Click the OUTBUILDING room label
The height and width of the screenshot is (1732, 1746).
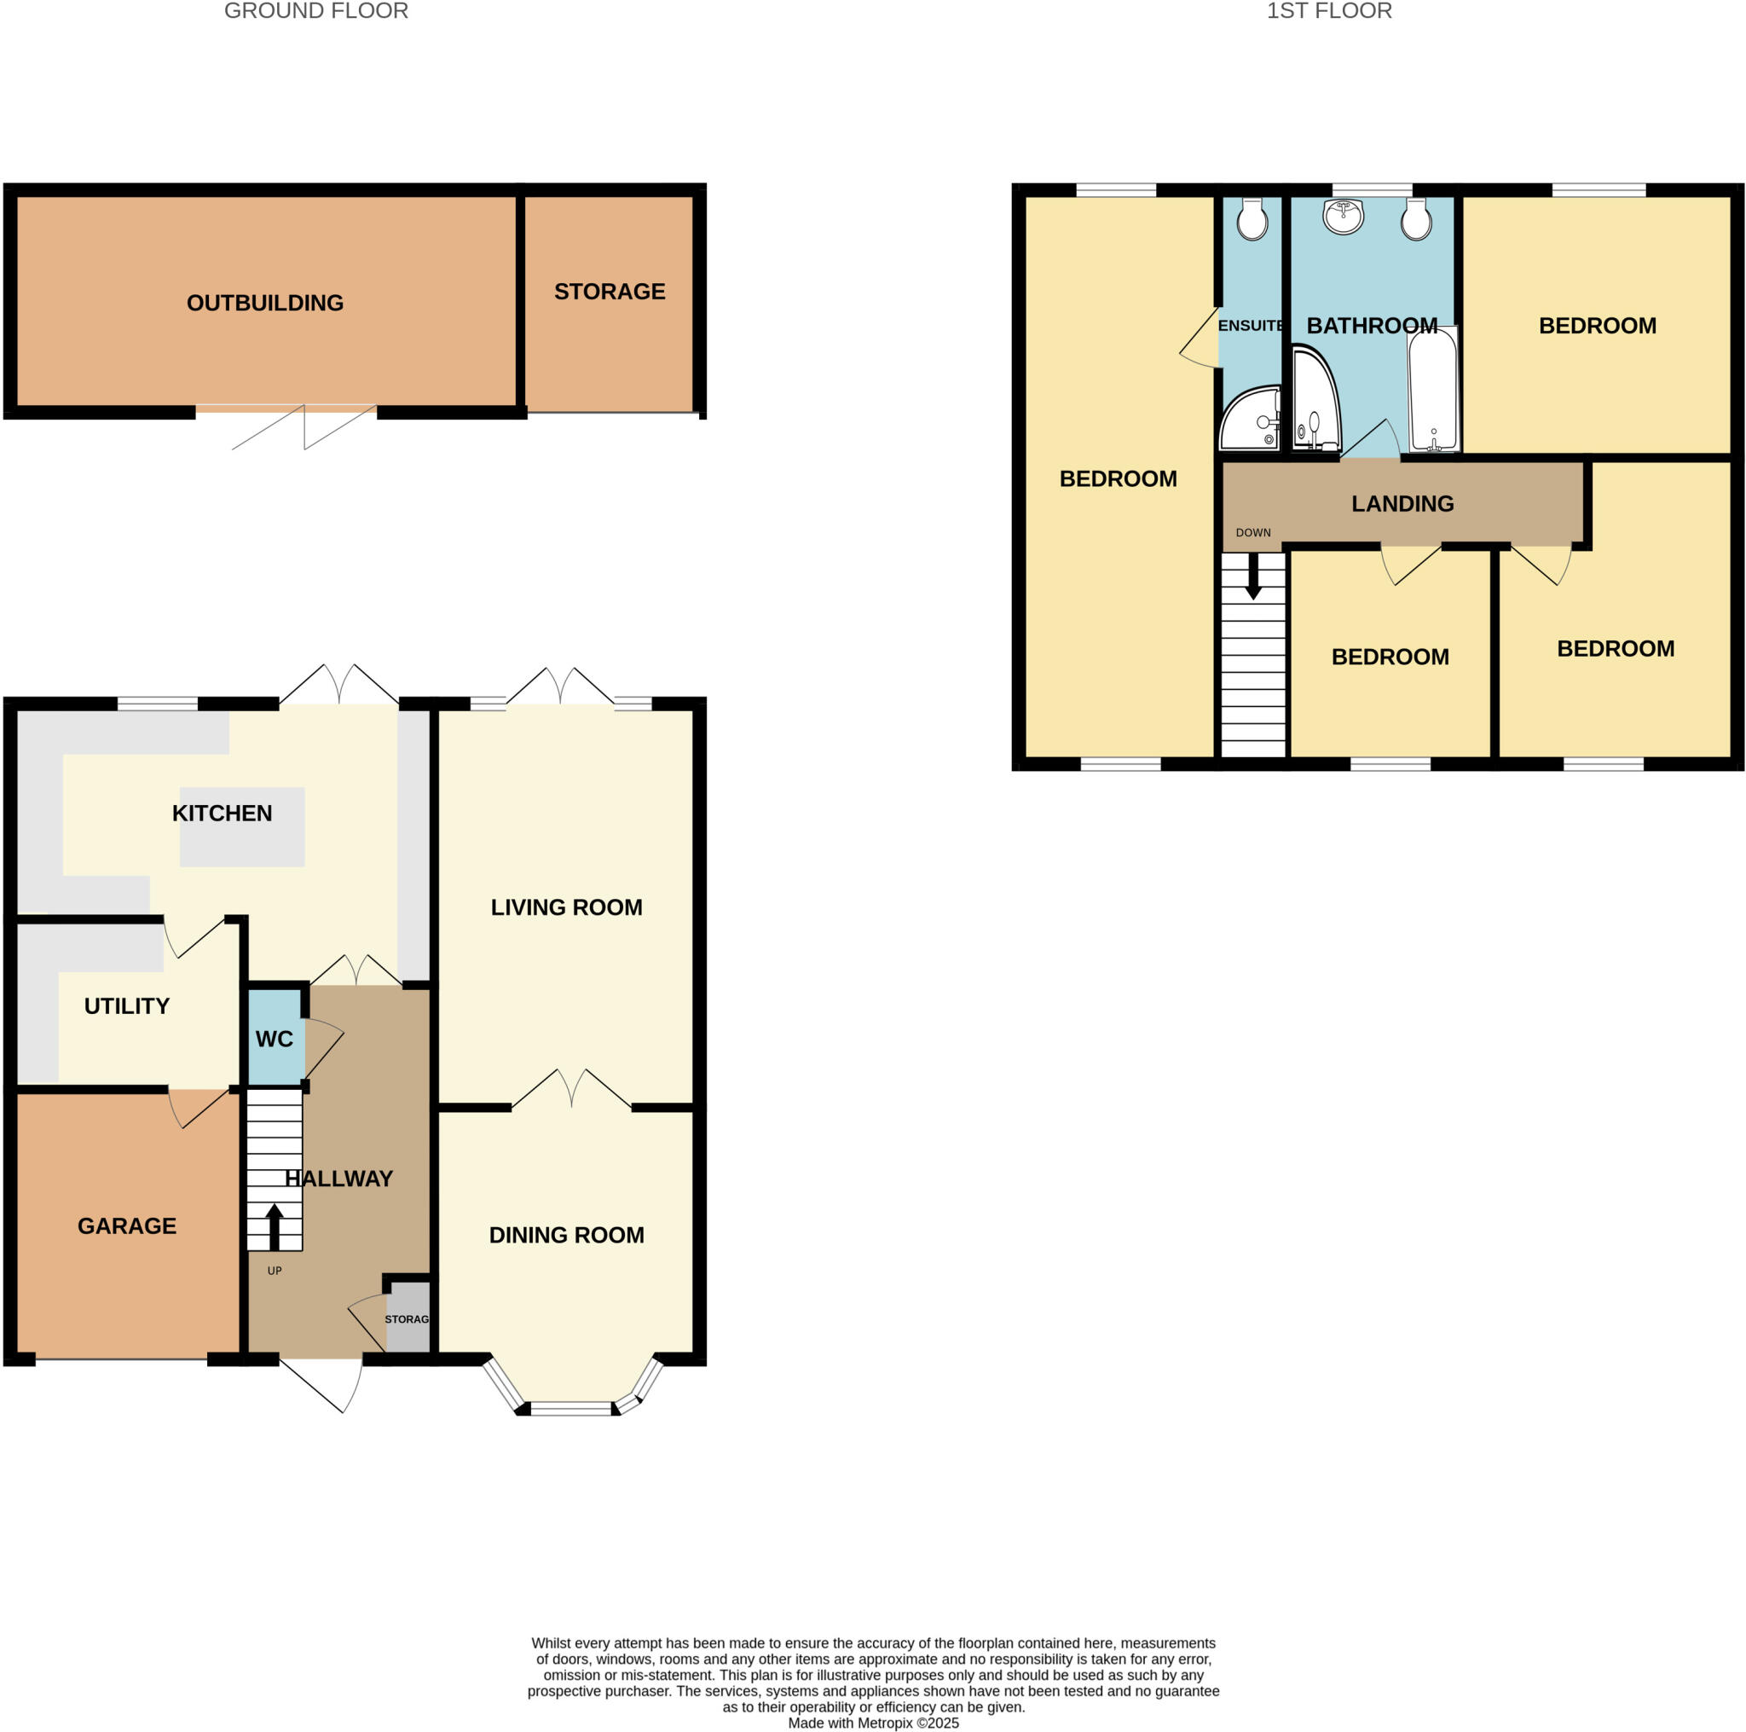pos(265,303)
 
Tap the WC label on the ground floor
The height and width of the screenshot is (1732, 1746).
pos(274,1039)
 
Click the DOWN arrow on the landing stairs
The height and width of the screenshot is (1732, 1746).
pos(1252,576)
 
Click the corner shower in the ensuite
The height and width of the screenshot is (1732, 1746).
pos(1250,421)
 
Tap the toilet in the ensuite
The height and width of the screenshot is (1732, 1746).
pos(1252,220)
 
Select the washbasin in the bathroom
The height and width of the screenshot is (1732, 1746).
pos(1343,216)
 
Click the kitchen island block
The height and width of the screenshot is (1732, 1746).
pos(242,828)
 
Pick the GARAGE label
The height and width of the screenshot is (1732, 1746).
pos(126,1225)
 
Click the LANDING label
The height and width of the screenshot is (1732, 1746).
pos(1402,503)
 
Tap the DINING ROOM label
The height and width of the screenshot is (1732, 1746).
pos(566,1235)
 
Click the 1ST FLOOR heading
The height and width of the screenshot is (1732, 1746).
pos(1328,11)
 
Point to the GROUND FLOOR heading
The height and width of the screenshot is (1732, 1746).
pos(315,11)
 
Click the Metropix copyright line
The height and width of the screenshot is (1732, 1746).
pos(873,1723)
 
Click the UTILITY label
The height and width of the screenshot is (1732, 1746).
pos(126,1006)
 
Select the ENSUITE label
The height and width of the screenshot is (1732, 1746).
pos(1250,326)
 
